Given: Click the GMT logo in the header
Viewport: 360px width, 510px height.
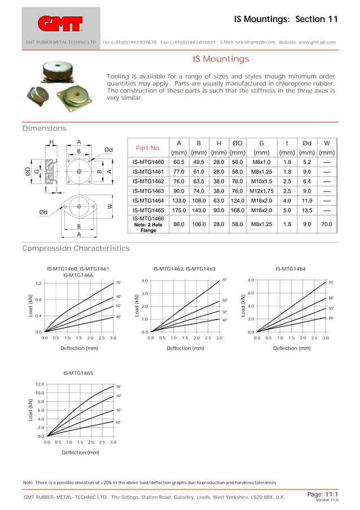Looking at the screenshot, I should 60,23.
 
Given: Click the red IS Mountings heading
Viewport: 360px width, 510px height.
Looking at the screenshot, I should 221,59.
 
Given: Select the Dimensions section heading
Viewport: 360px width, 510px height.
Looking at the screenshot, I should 44,129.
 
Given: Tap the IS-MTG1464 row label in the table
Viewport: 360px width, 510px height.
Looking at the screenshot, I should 148,200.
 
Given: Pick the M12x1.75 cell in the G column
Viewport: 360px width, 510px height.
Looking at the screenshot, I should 261,190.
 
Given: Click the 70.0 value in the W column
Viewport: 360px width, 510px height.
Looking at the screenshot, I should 327,224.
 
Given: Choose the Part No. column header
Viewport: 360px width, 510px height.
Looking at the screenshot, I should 148,148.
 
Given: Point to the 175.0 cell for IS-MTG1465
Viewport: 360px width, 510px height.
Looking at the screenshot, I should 179,210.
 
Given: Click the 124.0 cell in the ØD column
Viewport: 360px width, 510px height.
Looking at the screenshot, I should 237,200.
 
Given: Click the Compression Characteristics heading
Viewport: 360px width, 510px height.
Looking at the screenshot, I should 76,249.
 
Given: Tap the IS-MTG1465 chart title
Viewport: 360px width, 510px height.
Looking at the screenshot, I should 78,373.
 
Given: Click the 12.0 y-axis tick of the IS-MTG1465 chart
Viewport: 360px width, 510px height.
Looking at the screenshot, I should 39,384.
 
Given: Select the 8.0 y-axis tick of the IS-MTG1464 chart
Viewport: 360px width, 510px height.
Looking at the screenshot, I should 252,280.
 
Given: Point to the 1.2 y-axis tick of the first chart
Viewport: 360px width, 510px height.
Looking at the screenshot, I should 38,284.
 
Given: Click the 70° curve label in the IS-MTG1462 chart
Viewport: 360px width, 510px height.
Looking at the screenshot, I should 224,280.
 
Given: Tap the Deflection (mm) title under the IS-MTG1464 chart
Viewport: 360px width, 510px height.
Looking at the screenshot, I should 292,348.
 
